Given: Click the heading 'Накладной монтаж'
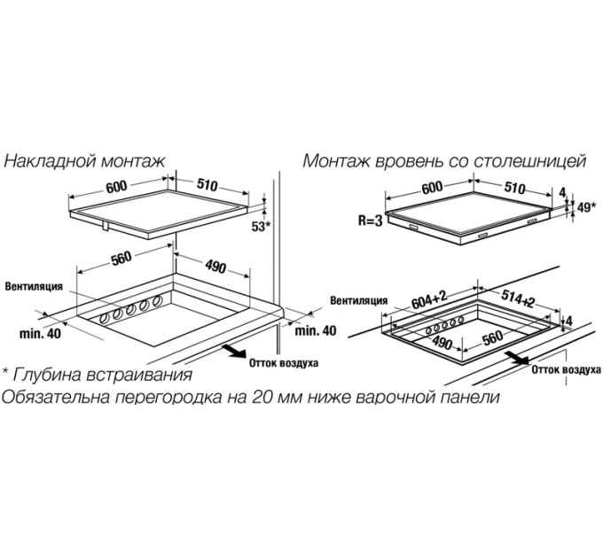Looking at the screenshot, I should pos(84,161).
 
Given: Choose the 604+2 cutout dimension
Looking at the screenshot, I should pos(432,300).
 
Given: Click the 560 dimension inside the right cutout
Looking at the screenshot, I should pos(494,337).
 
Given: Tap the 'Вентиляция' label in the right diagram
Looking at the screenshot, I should pos(358,300).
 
